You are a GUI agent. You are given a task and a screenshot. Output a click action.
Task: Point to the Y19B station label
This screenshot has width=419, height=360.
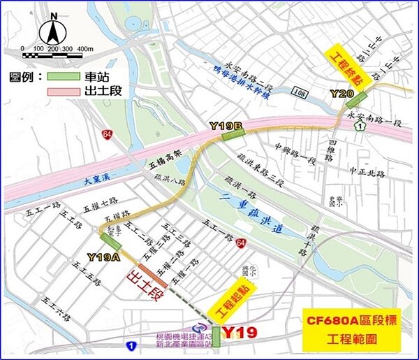(226, 125)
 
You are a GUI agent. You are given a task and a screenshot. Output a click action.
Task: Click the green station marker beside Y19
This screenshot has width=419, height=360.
(216, 337)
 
